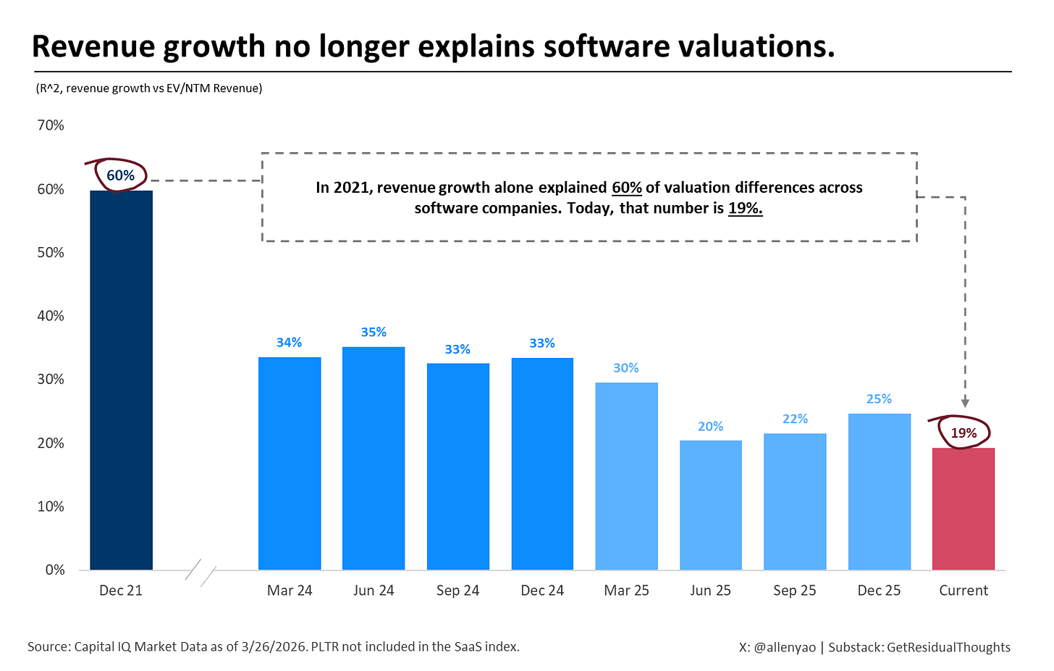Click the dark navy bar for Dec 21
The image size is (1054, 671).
coord(121,380)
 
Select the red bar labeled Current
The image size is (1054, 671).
coord(963,509)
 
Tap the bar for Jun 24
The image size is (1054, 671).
coord(374,458)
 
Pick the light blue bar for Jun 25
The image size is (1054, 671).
coord(710,505)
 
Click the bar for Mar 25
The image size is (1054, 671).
coord(626,476)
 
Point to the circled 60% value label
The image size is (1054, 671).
coord(120,175)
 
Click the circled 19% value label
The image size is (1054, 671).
coord(963,433)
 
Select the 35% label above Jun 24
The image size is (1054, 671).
coord(374,333)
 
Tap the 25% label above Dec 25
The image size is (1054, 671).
coord(879,399)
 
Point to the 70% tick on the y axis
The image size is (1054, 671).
coord(51,125)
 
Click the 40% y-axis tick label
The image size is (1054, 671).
coord(51,316)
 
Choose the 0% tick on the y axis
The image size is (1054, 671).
coord(55,570)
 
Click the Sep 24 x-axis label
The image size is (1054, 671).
coord(458,591)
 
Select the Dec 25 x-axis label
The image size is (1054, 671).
coord(879,591)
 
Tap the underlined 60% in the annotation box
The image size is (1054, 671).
coord(627,188)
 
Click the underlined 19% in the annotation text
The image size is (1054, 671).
coord(745,209)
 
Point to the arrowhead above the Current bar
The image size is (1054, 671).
coord(965,403)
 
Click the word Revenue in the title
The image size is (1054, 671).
coord(92,46)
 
